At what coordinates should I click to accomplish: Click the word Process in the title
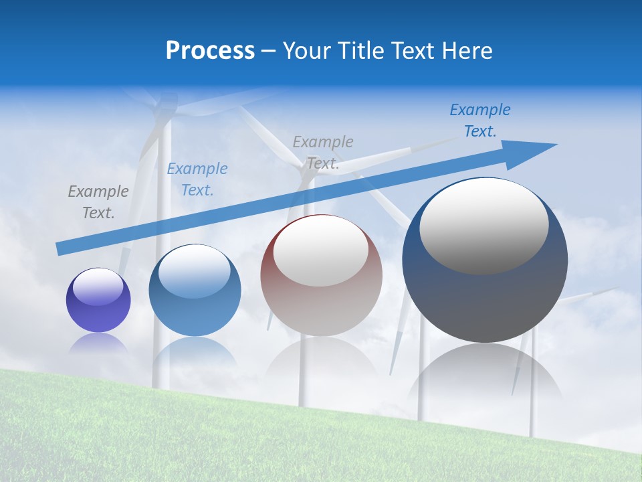[210, 51]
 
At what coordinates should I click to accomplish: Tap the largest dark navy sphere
[485, 301]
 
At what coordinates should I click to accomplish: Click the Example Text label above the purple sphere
[98, 202]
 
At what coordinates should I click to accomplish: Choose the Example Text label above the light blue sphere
[197, 179]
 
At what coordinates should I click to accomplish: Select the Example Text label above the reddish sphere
[323, 152]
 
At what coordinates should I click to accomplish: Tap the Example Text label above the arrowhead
[480, 120]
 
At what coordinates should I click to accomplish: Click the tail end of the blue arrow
[62, 248]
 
